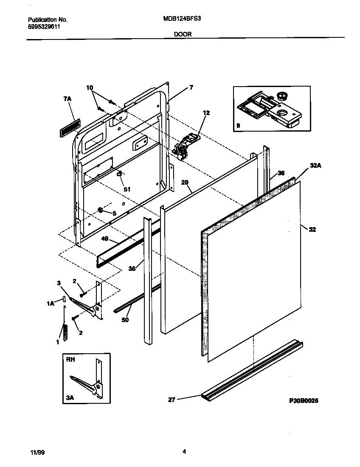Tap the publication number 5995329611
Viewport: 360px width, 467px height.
[44, 26]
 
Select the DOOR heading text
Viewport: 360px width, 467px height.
[183, 35]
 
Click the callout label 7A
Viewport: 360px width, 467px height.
[68, 98]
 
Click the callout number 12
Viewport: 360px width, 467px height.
[206, 113]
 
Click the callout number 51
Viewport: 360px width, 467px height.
[127, 189]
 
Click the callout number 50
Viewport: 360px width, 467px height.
[125, 320]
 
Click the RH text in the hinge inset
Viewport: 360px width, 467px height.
[70, 359]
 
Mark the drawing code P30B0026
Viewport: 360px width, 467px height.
[304, 400]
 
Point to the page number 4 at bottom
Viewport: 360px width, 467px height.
[184, 452]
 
